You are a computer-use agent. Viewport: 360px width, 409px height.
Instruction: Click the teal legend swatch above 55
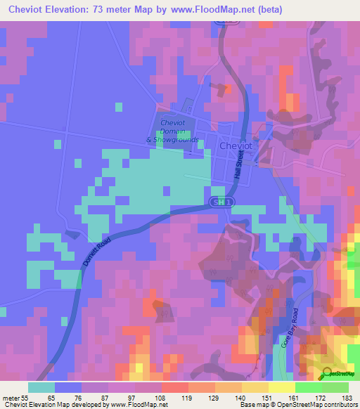41,387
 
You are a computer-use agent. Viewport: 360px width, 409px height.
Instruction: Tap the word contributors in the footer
340,405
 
